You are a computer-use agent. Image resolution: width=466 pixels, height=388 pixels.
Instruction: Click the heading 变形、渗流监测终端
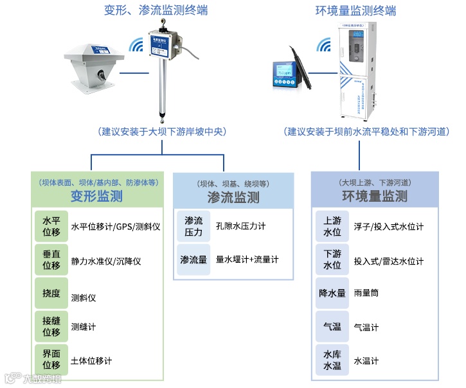156,10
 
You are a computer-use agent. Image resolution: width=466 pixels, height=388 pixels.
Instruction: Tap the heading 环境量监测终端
355,10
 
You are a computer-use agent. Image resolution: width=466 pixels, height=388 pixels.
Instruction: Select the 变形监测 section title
96,195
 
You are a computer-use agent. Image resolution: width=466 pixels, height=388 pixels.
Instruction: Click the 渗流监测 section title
233,197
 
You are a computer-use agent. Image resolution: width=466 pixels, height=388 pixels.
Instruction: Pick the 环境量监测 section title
375,195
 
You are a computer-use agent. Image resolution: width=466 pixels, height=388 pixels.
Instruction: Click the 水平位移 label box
51,226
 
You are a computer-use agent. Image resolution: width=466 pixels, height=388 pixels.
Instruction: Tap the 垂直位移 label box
51,260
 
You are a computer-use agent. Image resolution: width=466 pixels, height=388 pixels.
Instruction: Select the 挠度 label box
51,294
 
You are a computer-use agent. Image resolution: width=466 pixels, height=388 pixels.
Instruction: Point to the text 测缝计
84,327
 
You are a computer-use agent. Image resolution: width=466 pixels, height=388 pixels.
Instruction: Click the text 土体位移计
91,360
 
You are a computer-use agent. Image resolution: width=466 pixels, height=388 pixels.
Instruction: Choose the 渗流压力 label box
193,226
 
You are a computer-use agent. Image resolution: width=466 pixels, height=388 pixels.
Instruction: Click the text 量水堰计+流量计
247,260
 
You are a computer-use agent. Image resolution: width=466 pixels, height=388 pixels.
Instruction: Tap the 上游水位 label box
332,226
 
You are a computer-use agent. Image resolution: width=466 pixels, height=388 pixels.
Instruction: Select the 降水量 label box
332,293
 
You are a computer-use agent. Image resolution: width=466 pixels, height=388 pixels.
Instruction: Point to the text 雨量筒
366,293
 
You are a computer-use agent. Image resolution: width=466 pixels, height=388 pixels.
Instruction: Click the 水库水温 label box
332,360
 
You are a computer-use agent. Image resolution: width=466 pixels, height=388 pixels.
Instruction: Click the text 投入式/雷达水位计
389,260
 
